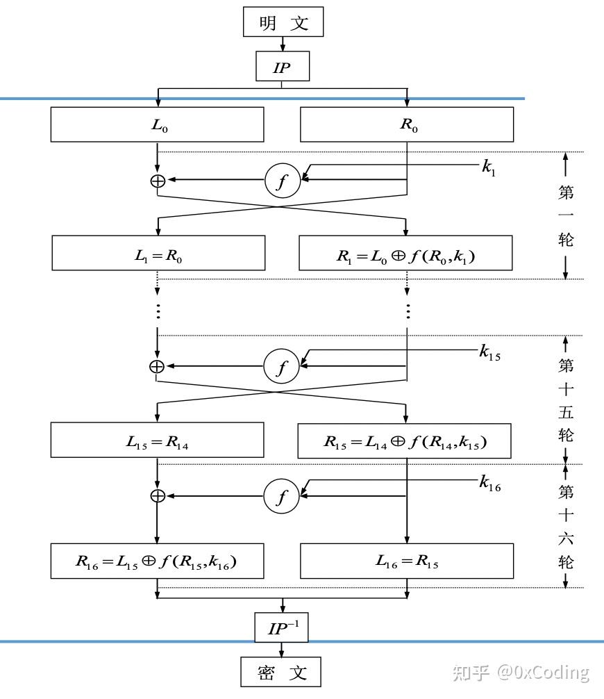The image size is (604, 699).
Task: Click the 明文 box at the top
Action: pos(283,22)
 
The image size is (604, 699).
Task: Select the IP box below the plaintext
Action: pos(281,68)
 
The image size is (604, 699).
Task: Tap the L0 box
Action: pos(158,126)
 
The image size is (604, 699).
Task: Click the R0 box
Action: pos(407,126)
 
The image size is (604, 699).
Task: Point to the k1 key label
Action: pos(489,167)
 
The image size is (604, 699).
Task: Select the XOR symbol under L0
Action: pos(158,181)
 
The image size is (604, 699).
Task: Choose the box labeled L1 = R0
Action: pos(158,253)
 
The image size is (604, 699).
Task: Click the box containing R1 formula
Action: pos(406,253)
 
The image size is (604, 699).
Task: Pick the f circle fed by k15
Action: pos(281,366)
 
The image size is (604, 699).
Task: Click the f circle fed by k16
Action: pos(281,496)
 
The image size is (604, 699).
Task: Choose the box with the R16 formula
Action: pos(158,561)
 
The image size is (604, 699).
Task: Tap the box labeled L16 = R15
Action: pos(407,561)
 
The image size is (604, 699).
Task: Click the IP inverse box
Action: pos(281,628)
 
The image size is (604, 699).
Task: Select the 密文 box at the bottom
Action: pos(281,672)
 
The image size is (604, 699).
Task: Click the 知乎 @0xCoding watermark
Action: pos(520,672)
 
